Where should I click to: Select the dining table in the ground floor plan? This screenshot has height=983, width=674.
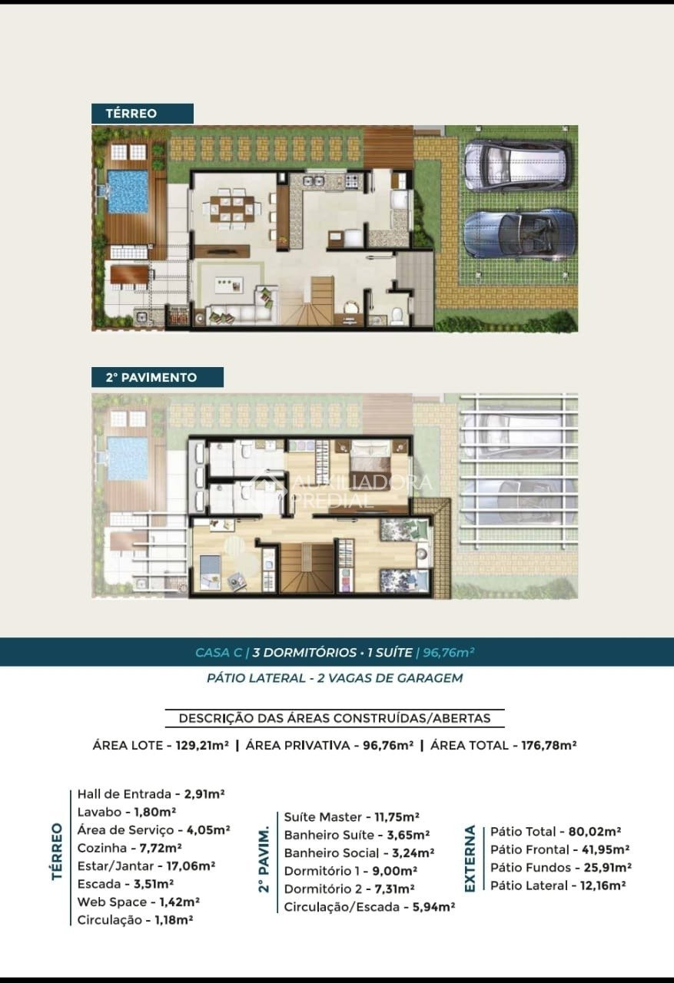click(x=232, y=208)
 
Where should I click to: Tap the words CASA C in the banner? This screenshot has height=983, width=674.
click(x=218, y=653)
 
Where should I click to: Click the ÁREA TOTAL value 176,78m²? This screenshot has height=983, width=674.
click(x=542, y=745)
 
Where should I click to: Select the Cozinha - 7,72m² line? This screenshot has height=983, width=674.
click(x=130, y=848)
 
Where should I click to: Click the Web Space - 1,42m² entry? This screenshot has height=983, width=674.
click(x=139, y=902)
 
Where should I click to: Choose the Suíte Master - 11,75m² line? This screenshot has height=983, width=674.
click(x=351, y=817)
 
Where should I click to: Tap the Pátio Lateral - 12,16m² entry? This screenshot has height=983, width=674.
click(x=558, y=885)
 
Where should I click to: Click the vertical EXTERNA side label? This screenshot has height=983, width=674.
click(x=470, y=859)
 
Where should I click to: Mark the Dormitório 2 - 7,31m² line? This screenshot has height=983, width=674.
click(x=350, y=889)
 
